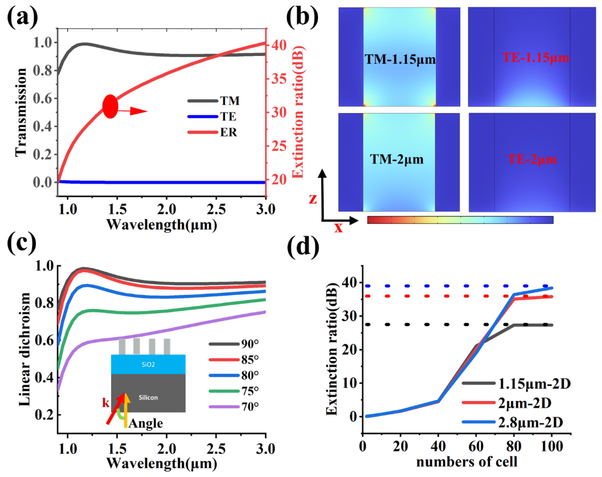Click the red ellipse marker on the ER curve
[110, 106]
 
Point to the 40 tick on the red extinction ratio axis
[279, 45]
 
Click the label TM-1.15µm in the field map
[400, 59]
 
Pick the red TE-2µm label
[532, 159]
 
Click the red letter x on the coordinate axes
[338, 228]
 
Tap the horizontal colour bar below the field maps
[460, 220]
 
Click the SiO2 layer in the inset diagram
[148, 364]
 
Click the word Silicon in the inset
[148, 397]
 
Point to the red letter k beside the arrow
[106, 403]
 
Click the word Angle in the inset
[146, 424]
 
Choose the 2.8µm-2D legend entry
[530, 423]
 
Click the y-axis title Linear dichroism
[25, 349]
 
